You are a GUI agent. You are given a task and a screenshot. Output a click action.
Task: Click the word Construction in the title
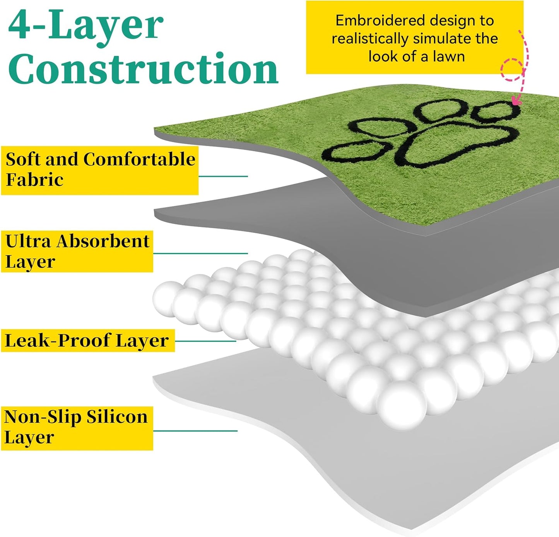(x=143, y=69)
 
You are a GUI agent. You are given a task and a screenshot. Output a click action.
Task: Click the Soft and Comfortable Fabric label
(x=100, y=170)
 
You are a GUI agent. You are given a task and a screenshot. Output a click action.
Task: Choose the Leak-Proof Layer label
(x=88, y=341)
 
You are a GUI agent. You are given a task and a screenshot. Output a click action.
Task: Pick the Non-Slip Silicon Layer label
(x=77, y=428)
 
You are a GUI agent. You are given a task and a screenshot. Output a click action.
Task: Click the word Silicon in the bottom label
(x=117, y=417)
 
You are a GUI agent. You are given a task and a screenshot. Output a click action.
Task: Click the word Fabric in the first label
(x=34, y=180)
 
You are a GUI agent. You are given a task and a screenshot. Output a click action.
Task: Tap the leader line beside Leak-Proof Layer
(x=205, y=341)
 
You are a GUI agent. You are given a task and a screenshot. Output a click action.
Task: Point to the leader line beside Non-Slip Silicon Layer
(x=195, y=431)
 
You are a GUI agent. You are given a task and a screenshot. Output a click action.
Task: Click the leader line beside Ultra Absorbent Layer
(x=200, y=253)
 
